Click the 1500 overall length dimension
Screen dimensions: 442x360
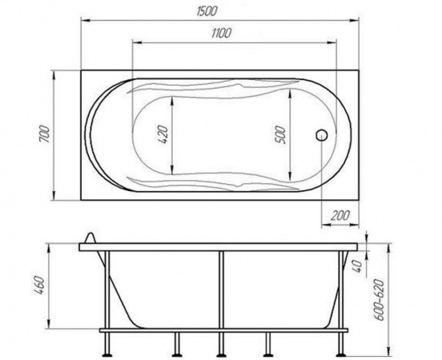tap(207, 11)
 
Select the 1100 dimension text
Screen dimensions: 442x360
tap(221, 34)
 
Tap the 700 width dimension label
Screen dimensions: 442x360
tap(45, 134)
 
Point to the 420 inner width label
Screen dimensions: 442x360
tap(163, 135)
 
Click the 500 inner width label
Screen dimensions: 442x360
tap(281, 135)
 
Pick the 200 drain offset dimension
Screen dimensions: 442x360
tap(340, 215)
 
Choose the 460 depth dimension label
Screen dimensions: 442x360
tap(39, 285)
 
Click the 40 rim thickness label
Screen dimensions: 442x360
tap(356, 266)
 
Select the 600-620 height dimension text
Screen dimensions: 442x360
tap(380, 299)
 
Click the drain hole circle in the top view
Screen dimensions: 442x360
tap(321, 135)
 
